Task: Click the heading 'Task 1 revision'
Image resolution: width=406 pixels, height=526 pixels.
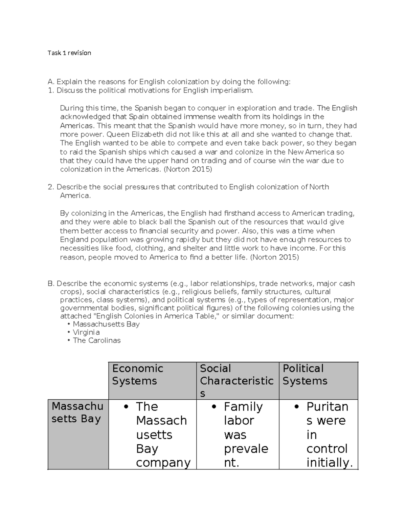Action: (x=69, y=53)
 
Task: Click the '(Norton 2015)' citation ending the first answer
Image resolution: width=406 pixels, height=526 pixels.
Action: (x=188, y=169)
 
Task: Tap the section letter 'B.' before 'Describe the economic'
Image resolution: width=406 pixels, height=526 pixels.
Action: (x=51, y=283)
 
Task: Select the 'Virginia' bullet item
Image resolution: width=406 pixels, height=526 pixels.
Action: (x=86, y=332)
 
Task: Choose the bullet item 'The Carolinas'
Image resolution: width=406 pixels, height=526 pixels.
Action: (x=97, y=340)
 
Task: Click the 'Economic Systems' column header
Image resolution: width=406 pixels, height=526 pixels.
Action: (x=138, y=375)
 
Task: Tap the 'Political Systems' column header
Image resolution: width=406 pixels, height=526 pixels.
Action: (x=304, y=375)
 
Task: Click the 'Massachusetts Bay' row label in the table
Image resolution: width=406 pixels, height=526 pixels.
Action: (x=77, y=413)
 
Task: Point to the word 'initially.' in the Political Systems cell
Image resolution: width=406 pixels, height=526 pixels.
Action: (x=329, y=462)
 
